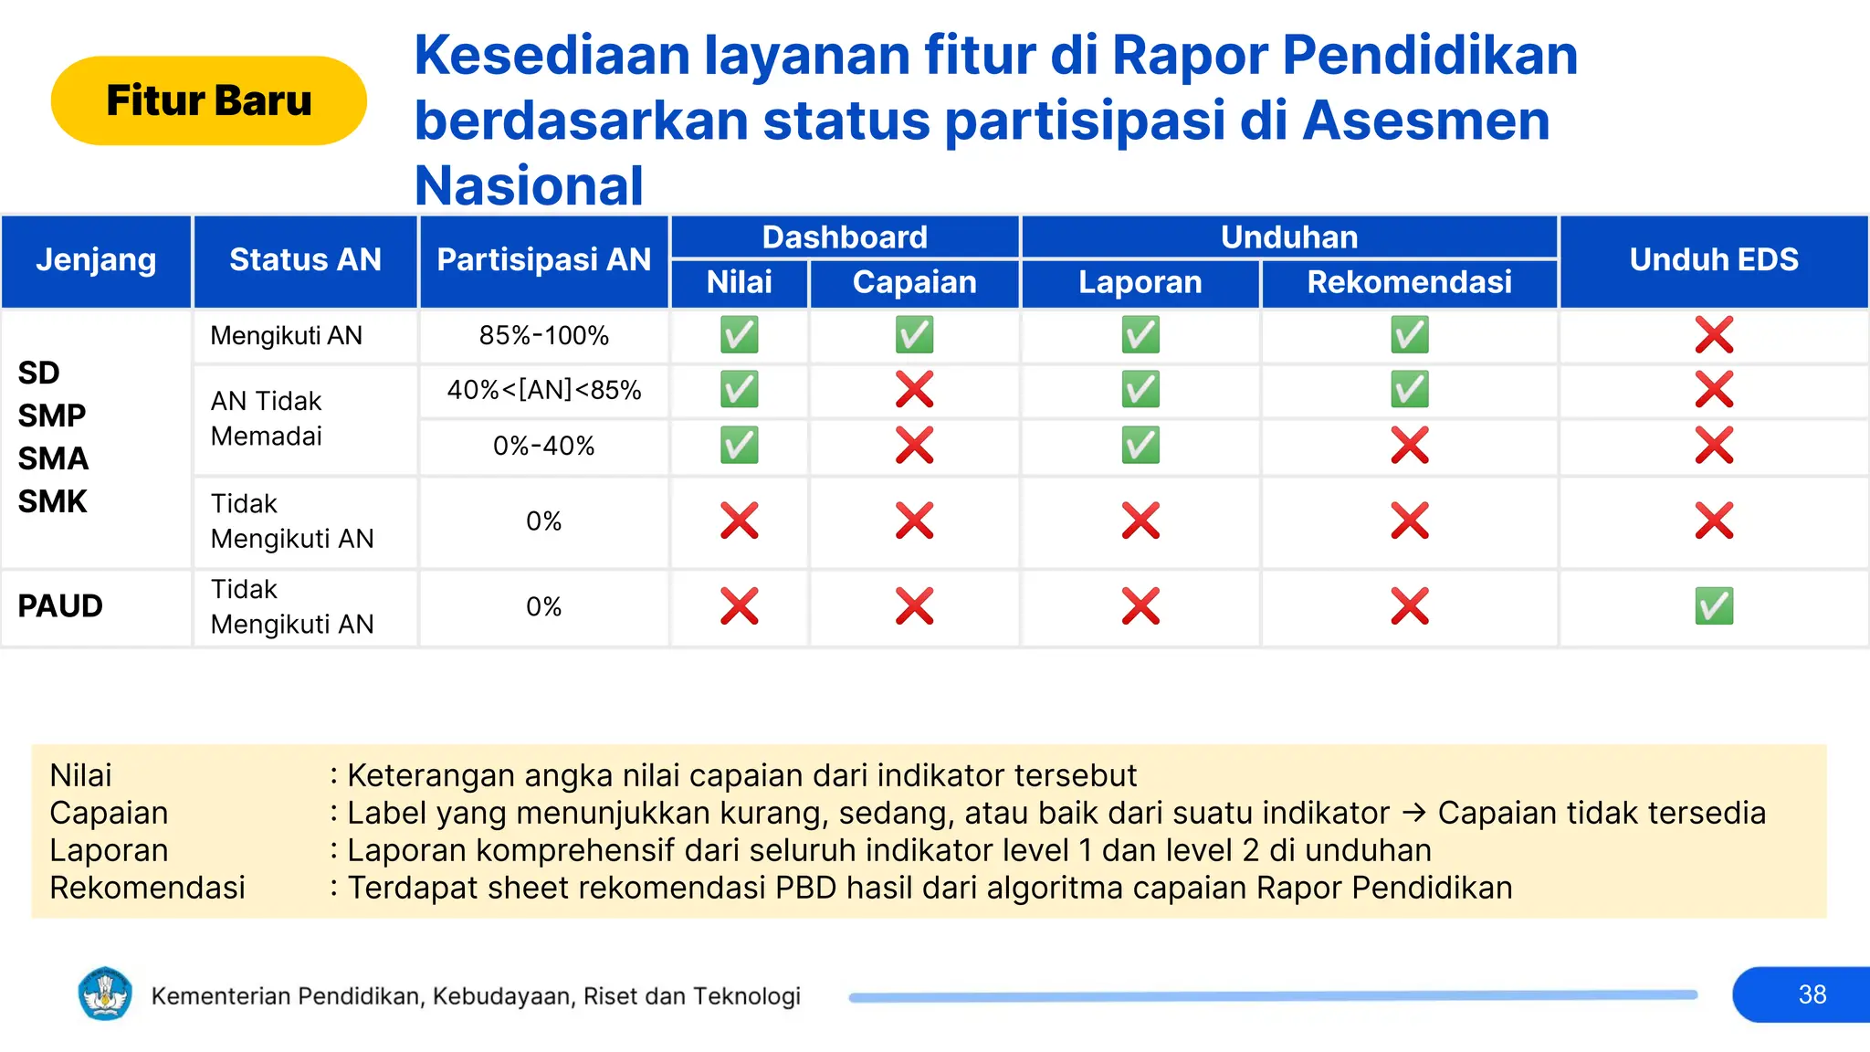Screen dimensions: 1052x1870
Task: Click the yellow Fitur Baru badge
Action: [208, 100]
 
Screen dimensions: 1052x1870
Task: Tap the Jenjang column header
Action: [96, 260]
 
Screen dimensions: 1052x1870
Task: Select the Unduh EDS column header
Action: [1713, 260]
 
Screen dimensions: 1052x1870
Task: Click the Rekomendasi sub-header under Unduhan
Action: [1409, 283]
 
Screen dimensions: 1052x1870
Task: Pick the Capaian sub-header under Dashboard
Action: [914, 283]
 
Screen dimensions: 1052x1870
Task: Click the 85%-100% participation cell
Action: [543, 336]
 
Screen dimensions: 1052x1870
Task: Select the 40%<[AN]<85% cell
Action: [543, 391]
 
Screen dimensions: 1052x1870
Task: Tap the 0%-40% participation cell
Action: [543, 447]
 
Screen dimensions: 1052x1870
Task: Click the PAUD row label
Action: [60, 606]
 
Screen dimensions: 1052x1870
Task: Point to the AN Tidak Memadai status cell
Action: [267, 418]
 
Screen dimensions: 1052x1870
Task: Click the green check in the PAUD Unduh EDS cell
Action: [1714, 606]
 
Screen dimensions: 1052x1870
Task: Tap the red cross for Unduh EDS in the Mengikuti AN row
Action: [1714, 335]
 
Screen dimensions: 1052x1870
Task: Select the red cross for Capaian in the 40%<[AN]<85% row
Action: [914, 390]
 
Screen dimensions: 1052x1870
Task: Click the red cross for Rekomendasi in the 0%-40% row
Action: [1409, 447]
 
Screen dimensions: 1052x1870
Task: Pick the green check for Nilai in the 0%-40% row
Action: [739, 447]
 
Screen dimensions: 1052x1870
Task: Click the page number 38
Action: [1812, 994]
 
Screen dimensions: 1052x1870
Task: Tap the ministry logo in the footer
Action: [105, 994]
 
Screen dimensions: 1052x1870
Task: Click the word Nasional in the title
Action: [529, 186]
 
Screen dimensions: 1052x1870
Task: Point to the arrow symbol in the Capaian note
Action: [1413, 813]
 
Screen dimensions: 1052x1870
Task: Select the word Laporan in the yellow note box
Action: [109, 850]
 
